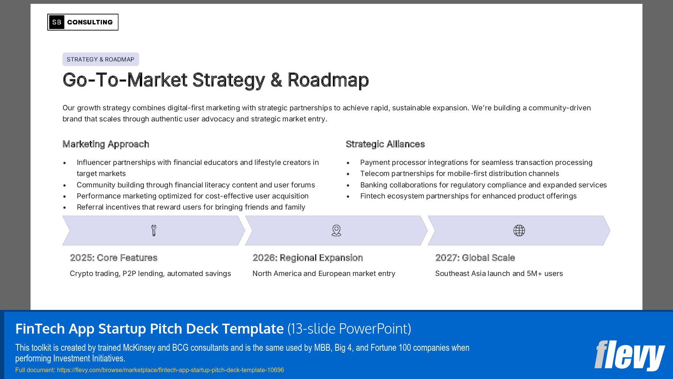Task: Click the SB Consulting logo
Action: coord(83,22)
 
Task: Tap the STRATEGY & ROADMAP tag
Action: coord(100,60)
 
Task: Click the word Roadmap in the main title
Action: coord(328,80)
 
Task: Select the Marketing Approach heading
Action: coord(106,144)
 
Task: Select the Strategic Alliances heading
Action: coord(385,144)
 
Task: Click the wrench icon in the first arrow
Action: coord(154,231)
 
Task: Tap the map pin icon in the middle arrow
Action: coord(336,231)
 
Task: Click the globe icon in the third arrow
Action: coord(519,231)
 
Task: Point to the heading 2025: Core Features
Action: coord(113,258)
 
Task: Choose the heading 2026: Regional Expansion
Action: coord(308,258)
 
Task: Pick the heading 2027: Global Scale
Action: coord(475,258)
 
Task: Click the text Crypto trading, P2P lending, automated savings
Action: coord(150,274)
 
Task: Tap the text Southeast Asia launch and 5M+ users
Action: coord(499,274)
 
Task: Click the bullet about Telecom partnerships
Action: coord(459,174)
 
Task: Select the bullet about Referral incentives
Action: coord(191,207)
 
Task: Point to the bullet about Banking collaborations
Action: coord(483,185)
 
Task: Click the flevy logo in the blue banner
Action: coord(629,355)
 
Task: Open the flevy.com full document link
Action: coord(170,370)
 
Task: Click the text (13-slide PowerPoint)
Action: coord(349,329)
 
